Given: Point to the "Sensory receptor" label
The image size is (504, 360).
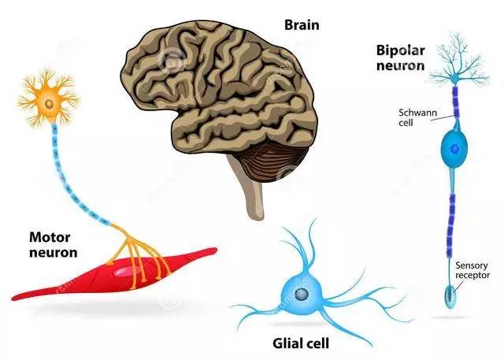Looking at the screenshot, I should [473, 270].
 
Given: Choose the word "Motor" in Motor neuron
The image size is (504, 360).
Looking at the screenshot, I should [48, 236].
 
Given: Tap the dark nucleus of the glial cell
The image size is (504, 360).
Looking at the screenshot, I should [301, 294].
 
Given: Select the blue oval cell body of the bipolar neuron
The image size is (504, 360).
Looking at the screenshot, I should [455, 148].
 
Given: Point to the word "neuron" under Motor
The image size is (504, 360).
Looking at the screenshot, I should [52, 253].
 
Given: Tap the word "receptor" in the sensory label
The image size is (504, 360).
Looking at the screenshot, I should [473, 276].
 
